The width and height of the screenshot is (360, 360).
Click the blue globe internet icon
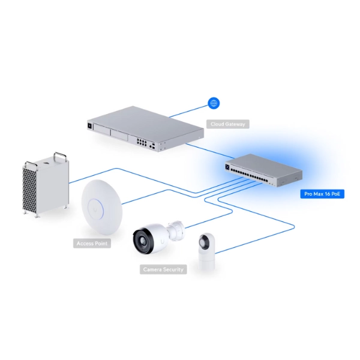click(213, 103)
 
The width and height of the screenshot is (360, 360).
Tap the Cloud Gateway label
click(227, 124)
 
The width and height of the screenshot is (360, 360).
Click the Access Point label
click(93, 244)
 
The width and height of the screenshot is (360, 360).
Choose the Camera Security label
click(163, 270)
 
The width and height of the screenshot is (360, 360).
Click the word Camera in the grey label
click(152, 270)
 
